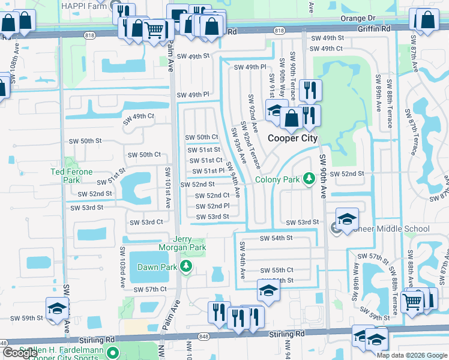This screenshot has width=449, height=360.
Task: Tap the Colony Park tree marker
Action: (309, 179)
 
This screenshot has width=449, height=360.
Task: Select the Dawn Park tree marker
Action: (186, 266)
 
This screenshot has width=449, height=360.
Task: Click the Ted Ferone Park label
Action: (71, 176)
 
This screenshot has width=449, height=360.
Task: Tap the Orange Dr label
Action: (357, 19)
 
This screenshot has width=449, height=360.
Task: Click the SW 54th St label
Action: (276, 238)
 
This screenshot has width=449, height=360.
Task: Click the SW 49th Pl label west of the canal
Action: (193, 95)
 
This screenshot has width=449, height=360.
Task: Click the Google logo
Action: (20, 353)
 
